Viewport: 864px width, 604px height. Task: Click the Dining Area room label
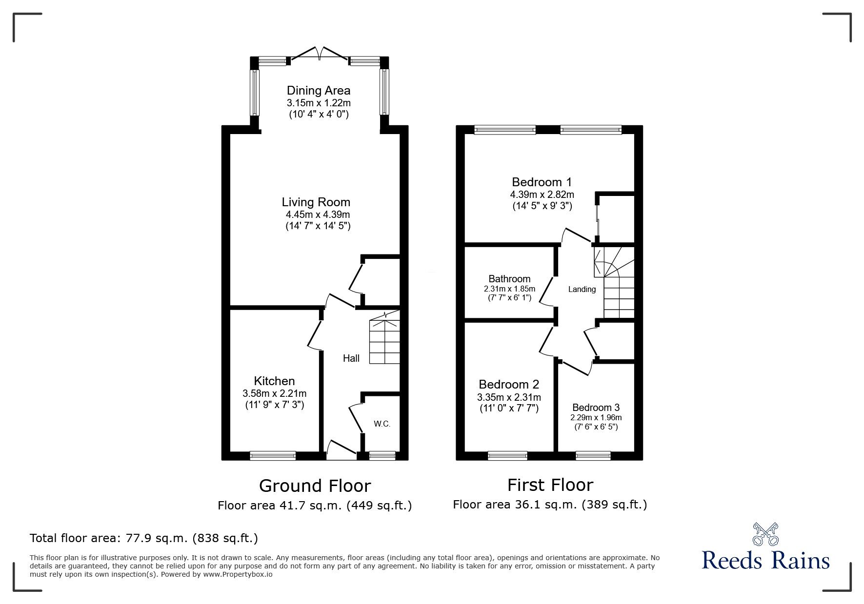pyautogui.click(x=318, y=91)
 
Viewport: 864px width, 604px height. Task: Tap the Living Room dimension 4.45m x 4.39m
pyautogui.click(x=318, y=214)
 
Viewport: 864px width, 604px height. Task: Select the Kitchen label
pyautogui.click(x=274, y=381)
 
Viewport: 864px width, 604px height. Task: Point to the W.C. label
pyautogui.click(x=382, y=424)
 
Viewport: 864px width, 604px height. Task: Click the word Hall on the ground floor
pyautogui.click(x=351, y=358)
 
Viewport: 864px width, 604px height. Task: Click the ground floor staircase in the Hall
pyautogui.click(x=384, y=341)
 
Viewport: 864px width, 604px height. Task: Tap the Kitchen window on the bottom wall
pyautogui.click(x=273, y=456)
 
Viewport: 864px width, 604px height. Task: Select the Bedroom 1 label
pyautogui.click(x=542, y=182)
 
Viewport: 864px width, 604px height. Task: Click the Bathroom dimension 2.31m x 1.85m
pyautogui.click(x=509, y=289)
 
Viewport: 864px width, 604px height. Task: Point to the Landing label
pyautogui.click(x=582, y=290)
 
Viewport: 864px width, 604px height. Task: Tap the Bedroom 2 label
pyautogui.click(x=509, y=385)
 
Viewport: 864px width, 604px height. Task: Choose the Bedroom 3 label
pyautogui.click(x=596, y=408)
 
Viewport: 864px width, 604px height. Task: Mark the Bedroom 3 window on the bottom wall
pyautogui.click(x=593, y=456)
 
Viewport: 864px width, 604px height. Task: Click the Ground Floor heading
pyautogui.click(x=315, y=486)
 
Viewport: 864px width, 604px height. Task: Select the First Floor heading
pyautogui.click(x=550, y=485)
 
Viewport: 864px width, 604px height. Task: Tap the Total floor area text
pyautogui.click(x=144, y=538)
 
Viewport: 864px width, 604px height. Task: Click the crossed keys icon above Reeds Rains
pyautogui.click(x=765, y=534)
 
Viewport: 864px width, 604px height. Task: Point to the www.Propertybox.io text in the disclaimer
pyautogui.click(x=238, y=574)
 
